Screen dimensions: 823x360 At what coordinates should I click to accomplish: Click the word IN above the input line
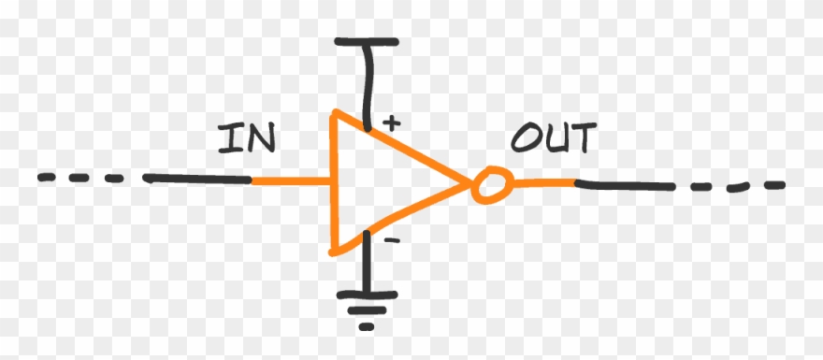coord(247,140)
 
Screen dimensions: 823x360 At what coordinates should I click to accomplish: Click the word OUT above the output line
coord(552,140)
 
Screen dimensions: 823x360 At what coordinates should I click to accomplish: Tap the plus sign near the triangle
coord(392,121)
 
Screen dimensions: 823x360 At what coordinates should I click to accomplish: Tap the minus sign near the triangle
coord(392,240)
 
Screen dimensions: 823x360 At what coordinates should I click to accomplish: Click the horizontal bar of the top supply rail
coord(367,42)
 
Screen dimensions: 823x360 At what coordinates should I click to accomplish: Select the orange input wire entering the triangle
coord(291,180)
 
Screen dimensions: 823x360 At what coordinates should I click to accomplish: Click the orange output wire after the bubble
coord(543,181)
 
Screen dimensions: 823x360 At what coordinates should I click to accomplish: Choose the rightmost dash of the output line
coord(772,185)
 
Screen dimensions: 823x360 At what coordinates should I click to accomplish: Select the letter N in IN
coord(259,140)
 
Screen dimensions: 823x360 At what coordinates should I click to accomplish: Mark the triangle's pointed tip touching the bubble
coord(466,185)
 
